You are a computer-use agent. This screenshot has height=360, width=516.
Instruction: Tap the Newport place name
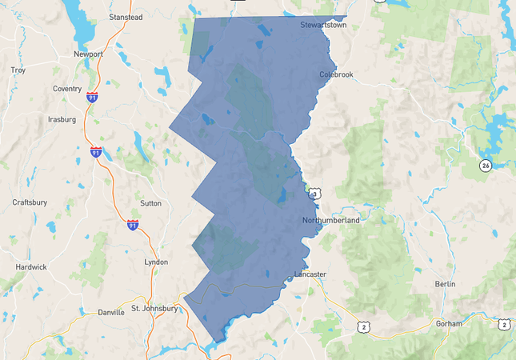pos(88,54)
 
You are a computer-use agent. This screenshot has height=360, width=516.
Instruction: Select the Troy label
pos(18,70)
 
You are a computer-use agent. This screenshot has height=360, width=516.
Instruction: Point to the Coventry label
pos(67,89)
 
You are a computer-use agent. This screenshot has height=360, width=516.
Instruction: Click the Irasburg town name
pos(62,119)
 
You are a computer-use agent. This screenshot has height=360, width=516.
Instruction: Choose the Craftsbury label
pos(31,202)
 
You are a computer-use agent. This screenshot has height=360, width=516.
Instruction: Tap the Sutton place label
pos(150,203)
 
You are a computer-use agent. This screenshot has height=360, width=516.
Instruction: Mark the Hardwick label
pos(31,266)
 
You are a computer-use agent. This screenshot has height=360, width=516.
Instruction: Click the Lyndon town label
pos(156,262)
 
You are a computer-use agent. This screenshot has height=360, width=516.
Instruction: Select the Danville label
pos(111,313)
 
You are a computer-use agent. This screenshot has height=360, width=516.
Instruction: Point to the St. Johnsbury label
pos(154,308)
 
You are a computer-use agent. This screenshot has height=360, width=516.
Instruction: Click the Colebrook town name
pos(336,74)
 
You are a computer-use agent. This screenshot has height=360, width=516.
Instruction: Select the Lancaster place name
pos(310,274)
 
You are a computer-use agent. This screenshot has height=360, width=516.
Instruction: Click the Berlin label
pos(446,284)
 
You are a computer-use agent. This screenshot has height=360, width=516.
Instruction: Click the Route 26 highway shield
pos(486,166)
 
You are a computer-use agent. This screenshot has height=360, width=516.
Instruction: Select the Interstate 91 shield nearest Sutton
pos(133,225)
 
